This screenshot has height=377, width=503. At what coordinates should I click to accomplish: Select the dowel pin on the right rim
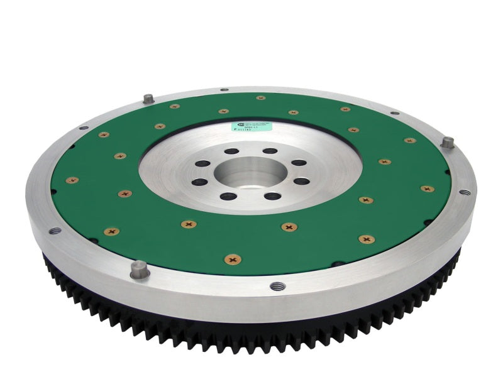447,142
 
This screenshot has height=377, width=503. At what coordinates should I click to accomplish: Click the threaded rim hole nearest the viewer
274,286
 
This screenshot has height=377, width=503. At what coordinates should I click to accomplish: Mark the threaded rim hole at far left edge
55,230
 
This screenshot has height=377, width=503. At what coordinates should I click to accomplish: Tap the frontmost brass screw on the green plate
233,258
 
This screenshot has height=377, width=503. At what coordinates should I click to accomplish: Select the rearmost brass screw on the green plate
260,97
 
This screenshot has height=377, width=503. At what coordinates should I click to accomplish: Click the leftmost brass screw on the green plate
72,180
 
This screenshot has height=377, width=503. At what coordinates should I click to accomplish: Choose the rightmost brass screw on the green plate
427,188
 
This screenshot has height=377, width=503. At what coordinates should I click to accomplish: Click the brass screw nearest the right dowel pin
410,140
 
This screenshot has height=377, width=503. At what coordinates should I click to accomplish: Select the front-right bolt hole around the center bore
274,196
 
